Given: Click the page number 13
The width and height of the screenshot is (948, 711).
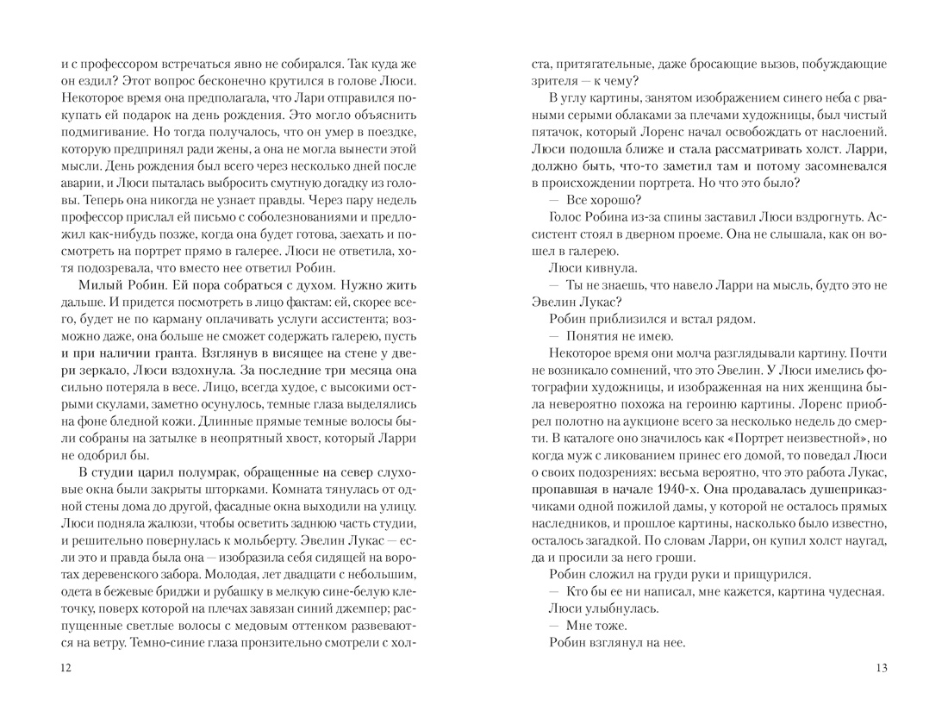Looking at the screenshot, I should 880,669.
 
